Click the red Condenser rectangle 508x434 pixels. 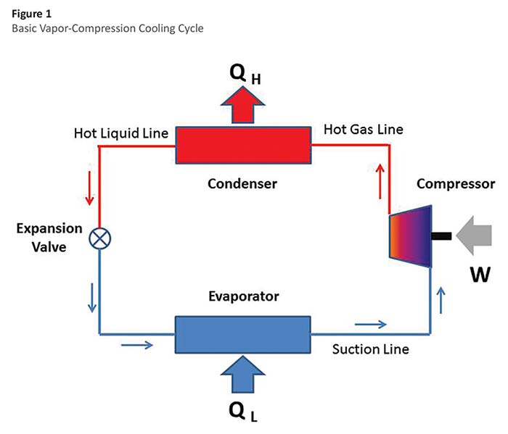click(x=242, y=146)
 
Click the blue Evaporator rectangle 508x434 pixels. click(x=242, y=334)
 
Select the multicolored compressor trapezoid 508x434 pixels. click(x=411, y=235)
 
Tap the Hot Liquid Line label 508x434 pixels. click(x=120, y=133)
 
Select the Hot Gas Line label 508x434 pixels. click(x=363, y=130)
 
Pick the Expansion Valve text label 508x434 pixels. click(x=49, y=236)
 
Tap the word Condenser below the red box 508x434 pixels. click(x=242, y=184)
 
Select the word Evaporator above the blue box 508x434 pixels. click(x=242, y=296)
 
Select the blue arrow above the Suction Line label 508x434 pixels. click(x=371, y=324)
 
